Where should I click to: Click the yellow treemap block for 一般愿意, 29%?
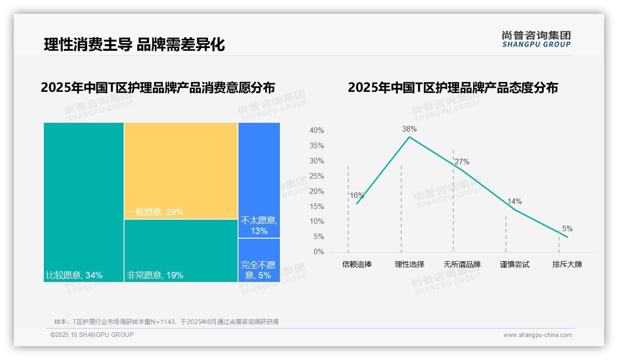pos(181,170)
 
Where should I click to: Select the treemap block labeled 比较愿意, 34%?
pos(83,202)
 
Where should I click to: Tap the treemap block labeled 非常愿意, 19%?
pos(181,250)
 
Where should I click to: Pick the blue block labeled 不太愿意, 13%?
pos(259,180)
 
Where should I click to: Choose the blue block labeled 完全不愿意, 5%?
pos(259,260)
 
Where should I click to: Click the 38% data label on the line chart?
pos(409,129)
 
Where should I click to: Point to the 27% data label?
pos(462,162)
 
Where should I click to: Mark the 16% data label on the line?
pos(357,195)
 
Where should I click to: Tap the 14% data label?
pos(514,201)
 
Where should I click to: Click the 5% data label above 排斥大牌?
pos(567,228)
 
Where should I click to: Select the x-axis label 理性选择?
pos(409,264)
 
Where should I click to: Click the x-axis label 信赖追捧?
pos(357,264)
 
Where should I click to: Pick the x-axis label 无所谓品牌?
pos(462,264)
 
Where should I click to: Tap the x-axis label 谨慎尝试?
pos(514,264)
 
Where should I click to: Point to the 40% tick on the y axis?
pos(316,131)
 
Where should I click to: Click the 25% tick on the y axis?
pos(316,176)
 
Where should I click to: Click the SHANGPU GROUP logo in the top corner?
pos(536,39)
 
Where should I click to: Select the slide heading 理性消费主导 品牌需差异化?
pos(134,45)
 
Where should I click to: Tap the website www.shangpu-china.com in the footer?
pos(537,335)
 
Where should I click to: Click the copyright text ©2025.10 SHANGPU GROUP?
pos(92,335)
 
